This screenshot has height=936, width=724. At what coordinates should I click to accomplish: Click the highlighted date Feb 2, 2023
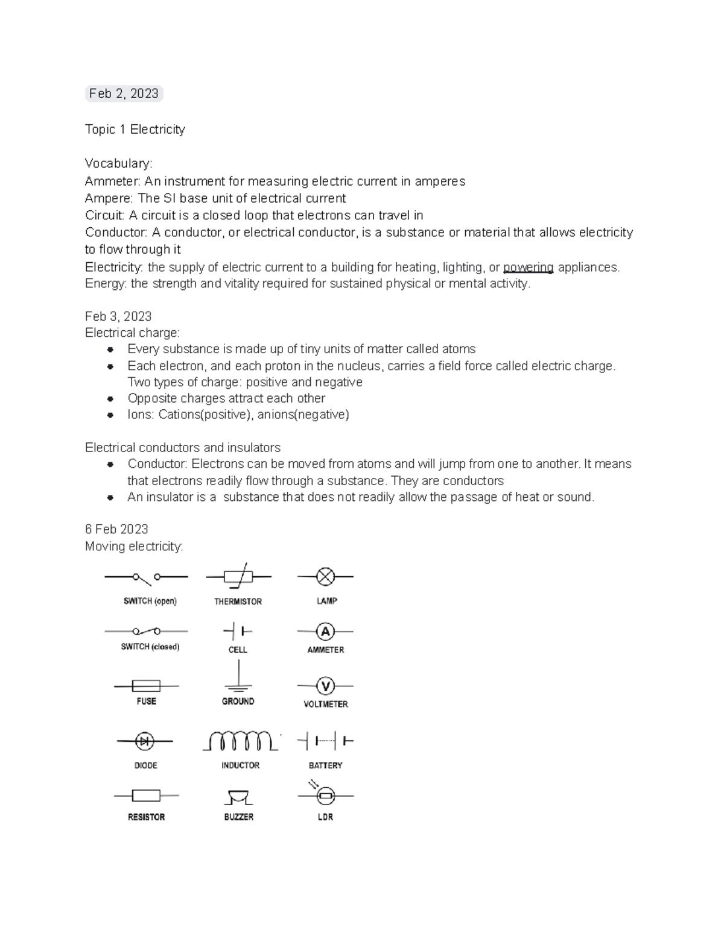[x=124, y=93]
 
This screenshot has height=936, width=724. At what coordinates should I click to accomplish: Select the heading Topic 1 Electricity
[x=135, y=130]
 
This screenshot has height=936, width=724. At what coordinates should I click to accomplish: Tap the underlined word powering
[x=528, y=267]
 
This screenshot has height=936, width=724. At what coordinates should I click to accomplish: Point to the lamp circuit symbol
[x=325, y=577]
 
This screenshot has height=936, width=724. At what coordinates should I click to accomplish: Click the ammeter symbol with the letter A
[x=325, y=632]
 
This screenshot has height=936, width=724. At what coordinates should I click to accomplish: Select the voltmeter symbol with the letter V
[x=325, y=686]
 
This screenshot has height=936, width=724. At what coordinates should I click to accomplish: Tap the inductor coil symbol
[x=240, y=741]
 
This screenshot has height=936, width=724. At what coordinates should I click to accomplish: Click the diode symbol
[x=145, y=741]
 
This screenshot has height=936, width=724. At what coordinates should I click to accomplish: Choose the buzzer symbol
[x=238, y=797]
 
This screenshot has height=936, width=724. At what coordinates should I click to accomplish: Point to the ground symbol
[x=238, y=678]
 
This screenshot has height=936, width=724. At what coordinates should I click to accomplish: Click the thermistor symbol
[x=238, y=577]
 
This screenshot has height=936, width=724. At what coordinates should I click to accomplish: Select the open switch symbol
[x=146, y=577]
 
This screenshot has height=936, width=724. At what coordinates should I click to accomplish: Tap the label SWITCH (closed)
[x=150, y=647]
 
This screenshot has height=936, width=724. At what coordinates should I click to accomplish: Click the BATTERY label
[x=325, y=765]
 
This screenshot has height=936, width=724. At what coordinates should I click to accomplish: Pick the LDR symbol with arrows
[x=325, y=794]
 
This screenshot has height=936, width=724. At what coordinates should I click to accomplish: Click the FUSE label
[x=146, y=701]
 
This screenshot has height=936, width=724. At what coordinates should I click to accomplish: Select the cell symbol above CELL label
[x=238, y=632]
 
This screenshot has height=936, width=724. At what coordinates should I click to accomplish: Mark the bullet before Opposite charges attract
[x=110, y=399]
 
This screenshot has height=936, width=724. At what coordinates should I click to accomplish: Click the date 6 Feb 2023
[x=116, y=529]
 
